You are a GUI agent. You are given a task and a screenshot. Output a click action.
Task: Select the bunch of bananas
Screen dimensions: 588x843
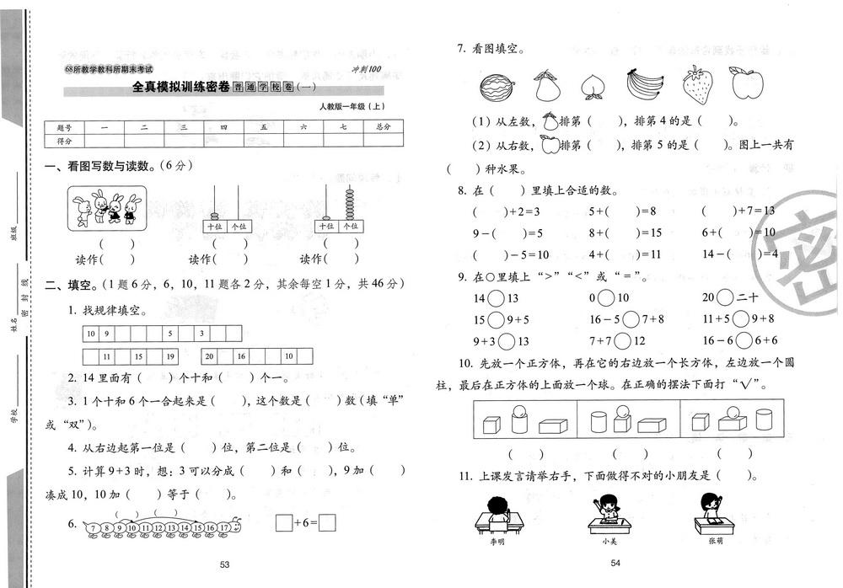(647, 84)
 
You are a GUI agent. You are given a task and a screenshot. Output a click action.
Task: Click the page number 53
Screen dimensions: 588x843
(224, 564)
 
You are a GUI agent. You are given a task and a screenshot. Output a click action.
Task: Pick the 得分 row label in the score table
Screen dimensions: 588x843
(64, 141)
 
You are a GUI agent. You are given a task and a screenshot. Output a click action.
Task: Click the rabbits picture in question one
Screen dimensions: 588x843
(106, 209)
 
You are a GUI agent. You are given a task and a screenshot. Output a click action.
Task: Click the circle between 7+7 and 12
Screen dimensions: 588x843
(621, 341)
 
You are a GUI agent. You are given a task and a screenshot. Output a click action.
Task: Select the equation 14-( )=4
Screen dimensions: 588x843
(739, 254)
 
